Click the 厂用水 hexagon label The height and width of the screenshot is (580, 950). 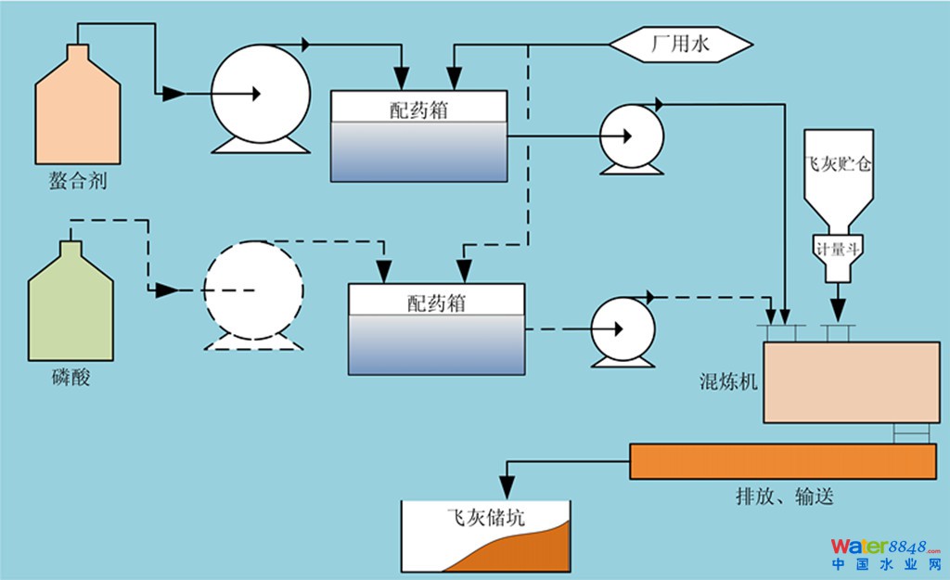[681, 43]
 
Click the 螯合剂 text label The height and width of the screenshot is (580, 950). [78, 181]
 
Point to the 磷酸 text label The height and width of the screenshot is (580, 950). [71, 378]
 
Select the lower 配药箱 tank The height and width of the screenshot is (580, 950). [435, 329]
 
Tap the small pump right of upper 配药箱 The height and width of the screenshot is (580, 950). [631, 135]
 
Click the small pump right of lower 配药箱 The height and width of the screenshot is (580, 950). [623, 329]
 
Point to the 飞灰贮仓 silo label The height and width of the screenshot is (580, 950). [839, 166]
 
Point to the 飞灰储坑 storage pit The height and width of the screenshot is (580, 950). [485, 535]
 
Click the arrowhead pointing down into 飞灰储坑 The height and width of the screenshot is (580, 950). [507, 485]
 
